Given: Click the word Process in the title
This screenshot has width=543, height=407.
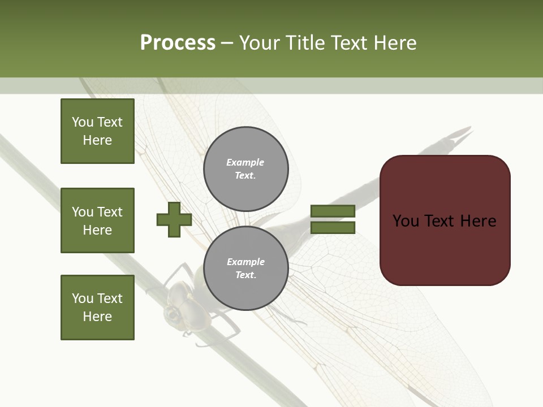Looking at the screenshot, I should (178, 43).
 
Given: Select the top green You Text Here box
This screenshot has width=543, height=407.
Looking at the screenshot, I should (97, 131).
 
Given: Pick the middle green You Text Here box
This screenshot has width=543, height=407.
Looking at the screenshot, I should (97, 220).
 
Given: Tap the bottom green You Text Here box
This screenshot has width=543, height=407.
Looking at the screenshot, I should (97, 308).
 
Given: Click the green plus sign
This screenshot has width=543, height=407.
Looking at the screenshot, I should (174, 220).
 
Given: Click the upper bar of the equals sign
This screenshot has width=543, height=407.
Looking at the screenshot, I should (333, 211).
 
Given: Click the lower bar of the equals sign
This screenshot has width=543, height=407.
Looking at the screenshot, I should (333, 228).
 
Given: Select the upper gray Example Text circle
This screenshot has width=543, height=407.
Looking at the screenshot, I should (245, 169).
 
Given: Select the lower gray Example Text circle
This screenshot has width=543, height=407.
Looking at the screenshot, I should (245, 269).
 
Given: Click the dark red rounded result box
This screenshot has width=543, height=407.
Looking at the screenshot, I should (445, 220).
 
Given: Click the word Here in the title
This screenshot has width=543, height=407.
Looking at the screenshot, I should (394, 43).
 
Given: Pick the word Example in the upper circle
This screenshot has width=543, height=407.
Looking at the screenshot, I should (245, 163).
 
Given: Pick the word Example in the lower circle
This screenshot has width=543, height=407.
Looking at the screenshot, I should (245, 262).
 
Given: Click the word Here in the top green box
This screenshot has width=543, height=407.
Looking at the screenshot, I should (97, 140).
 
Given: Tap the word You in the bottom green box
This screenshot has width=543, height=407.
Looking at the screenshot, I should (82, 298).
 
